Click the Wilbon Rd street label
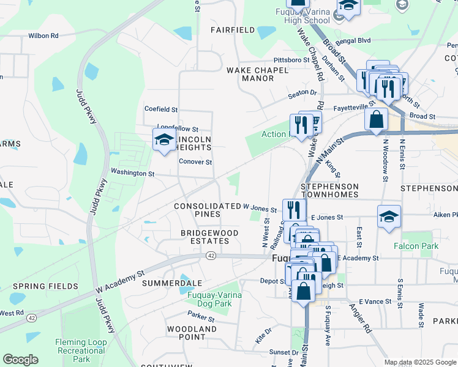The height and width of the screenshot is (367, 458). [43, 36]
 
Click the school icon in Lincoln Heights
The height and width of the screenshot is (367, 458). [164, 140]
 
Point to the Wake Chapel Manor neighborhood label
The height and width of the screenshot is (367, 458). [258, 74]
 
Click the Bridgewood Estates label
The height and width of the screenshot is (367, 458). [205, 237]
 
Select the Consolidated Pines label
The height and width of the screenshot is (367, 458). [207, 210]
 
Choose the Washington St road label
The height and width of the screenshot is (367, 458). [132, 174]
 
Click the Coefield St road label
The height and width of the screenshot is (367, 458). [160, 109]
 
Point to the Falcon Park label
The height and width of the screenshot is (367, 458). [416, 246]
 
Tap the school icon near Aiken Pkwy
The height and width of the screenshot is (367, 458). [389, 217]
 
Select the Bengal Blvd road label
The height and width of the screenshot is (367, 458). [355, 40]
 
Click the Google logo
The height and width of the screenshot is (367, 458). [20, 360]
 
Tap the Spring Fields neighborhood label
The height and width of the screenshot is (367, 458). [45, 286]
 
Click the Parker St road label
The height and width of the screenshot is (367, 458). [201, 318]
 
